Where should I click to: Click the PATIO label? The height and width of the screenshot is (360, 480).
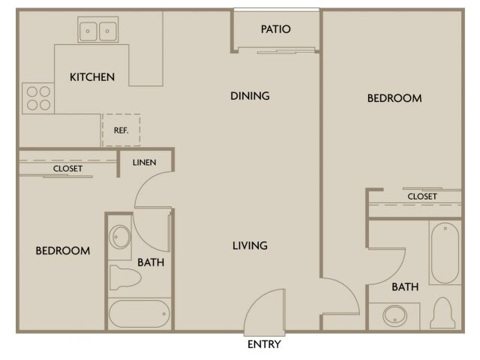[275, 29]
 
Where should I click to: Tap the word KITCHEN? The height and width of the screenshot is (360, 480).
[92, 76]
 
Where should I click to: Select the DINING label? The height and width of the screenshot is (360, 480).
[250, 96]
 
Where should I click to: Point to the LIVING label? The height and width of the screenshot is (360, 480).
[249, 245]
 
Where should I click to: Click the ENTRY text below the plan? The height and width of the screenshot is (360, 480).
[263, 344]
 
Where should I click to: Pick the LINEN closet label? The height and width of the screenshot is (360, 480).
[144, 162]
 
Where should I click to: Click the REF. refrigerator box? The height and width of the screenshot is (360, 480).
[121, 130]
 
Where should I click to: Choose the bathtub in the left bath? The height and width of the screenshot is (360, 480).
[139, 312]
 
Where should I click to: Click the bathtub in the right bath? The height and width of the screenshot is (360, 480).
[445, 252]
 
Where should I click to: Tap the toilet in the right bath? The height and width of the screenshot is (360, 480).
[444, 313]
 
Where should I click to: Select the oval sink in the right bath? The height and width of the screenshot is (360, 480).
[395, 315]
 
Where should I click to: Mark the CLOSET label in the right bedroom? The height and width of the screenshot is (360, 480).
[422, 196]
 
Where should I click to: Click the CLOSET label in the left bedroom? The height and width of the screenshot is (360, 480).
[67, 169]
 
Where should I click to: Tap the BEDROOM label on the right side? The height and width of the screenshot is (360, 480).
[394, 98]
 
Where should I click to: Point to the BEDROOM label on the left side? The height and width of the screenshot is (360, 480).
[63, 250]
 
